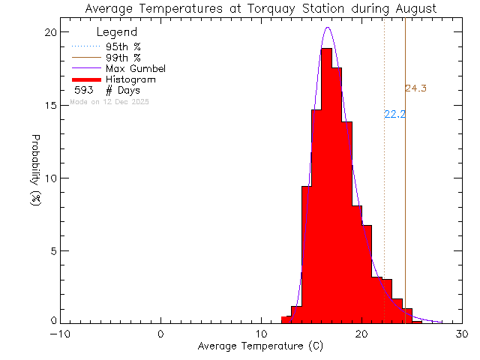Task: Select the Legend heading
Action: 117,32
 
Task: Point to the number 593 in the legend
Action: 83,90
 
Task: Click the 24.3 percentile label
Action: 415,88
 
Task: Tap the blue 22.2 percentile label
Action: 394,115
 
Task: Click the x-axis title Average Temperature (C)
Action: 261,346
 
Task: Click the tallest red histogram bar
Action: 326,187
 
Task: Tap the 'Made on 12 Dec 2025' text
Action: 109,101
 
